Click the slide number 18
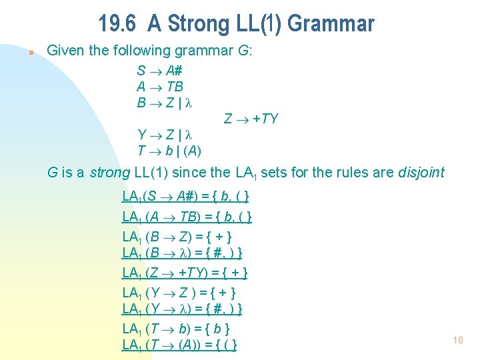(457, 340)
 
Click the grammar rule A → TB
(160, 87)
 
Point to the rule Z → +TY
(251, 119)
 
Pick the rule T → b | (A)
(169, 151)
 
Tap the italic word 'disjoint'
(421, 173)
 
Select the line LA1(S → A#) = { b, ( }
(186, 197)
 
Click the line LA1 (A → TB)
(187, 217)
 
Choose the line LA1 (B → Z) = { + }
(177, 237)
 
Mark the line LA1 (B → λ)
(182, 253)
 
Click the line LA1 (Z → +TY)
(185, 273)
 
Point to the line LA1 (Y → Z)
(179, 293)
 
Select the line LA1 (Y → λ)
(182, 309)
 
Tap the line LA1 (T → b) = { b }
(176, 329)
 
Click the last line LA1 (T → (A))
(180, 345)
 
